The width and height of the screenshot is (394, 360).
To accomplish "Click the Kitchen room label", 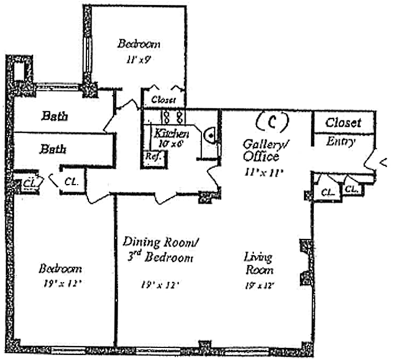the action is [171, 134].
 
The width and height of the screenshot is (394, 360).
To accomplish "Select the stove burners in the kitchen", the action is [171, 118].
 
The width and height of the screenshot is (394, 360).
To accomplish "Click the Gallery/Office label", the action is [261, 150].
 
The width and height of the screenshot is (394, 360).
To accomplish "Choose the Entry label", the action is [341, 141].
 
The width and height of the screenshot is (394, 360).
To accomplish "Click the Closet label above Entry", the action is [343, 122].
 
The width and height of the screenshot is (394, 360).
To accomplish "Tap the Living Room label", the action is [258, 263].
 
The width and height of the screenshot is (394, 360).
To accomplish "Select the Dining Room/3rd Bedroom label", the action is [160, 250].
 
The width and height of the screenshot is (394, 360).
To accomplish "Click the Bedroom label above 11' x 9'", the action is [139, 44].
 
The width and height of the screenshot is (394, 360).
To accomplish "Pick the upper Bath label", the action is [55, 116].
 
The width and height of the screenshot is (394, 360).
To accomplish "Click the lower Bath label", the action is [54, 148].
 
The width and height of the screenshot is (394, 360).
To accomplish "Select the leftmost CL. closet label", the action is [29, 183].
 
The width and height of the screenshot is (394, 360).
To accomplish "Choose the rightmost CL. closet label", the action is [351, 189].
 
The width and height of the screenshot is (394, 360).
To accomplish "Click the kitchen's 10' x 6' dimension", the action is [170, 144].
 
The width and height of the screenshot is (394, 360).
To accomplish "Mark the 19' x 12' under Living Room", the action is [258, 285].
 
